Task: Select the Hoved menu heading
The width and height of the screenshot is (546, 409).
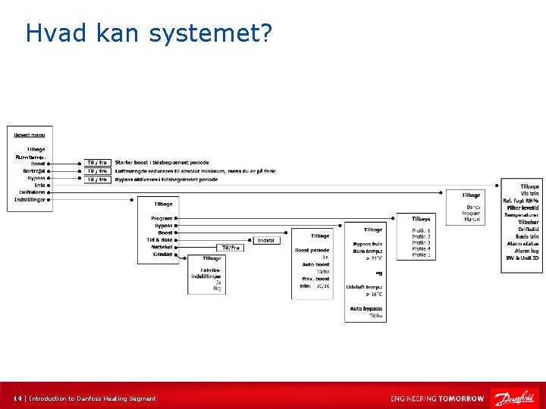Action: (x=30, y=135)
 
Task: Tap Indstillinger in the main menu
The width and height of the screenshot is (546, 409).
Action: (x=30, y=200)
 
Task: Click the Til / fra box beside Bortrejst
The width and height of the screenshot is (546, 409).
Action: (x=97, y=171)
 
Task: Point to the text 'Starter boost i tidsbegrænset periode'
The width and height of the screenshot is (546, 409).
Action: (x=162, y=163)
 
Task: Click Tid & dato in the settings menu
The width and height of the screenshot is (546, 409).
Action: (x=160, y=240)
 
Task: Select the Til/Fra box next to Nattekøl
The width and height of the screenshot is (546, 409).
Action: (x=230, y=248)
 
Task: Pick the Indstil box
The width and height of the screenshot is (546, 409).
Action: (x=265, y=240)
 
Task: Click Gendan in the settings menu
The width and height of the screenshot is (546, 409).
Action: (x=162, y=254)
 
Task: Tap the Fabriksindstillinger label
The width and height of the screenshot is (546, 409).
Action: (x=206, y=273)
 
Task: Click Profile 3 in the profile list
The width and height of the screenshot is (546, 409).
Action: (x=421, y=242)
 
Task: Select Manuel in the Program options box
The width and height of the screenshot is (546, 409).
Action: (x=472, y=220)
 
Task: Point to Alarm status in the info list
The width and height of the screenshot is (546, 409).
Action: (x=522, y=244)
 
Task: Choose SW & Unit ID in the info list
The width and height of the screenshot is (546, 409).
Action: (x=522, y=258)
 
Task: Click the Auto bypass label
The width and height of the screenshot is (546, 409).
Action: (x=366, y=308)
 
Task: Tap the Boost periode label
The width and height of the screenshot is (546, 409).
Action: (x=312, y=250)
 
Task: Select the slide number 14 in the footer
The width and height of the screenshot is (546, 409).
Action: (x=17, y=398)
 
